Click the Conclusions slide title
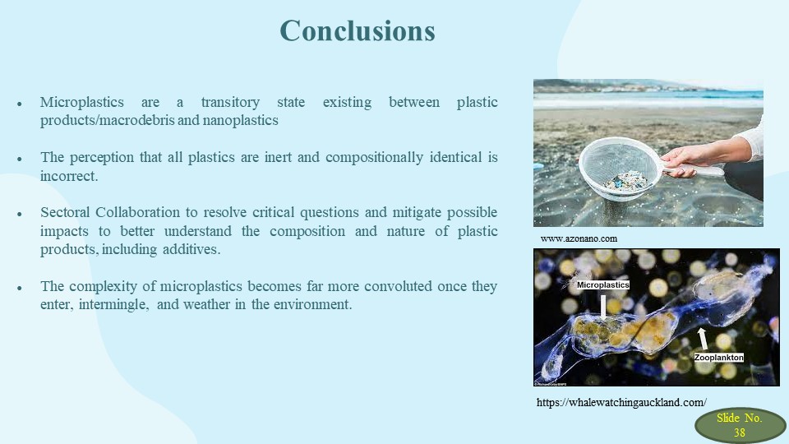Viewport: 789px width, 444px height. click(358, 30)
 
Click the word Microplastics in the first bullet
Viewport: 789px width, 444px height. click(82, 102)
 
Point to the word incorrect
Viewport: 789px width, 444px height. click(69, 176)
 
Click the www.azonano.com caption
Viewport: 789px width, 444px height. click(579, 238)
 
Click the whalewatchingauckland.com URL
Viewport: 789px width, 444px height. click(621, 402)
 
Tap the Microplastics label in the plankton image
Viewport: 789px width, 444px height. click(602, 285)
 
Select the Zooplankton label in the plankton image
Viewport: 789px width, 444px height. click(718, 358)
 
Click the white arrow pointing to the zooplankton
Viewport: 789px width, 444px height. click(703, 339)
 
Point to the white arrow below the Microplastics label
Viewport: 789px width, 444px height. click(603, 307)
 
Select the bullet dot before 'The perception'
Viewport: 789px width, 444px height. click(20, 159)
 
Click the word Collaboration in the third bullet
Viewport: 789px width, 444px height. click(137, 212)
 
